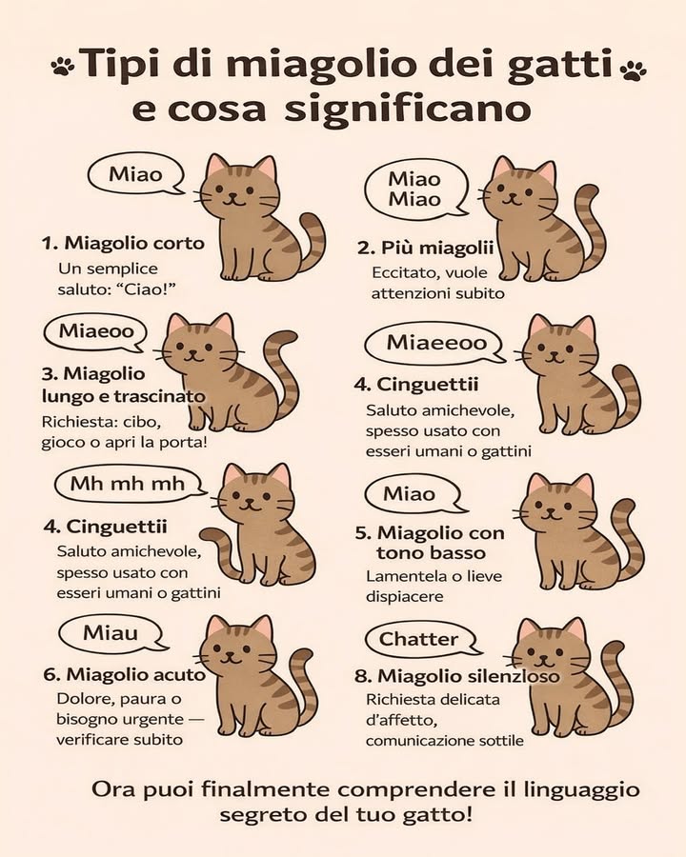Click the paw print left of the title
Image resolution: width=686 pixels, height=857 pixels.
click(63, 67)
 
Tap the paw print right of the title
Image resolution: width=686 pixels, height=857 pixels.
click(632, 70)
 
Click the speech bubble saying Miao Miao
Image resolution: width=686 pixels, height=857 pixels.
click(414, 189)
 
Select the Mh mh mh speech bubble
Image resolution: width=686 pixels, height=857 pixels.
click(128, 484)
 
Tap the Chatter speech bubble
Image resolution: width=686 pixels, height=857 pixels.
click(419, 639)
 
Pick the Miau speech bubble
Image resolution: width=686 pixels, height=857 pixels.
click(111, 633)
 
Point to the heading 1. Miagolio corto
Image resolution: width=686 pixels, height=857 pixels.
click(123, 243)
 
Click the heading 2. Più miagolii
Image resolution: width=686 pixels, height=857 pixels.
click(425, 249)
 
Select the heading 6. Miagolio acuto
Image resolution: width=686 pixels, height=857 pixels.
click(124, 674)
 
